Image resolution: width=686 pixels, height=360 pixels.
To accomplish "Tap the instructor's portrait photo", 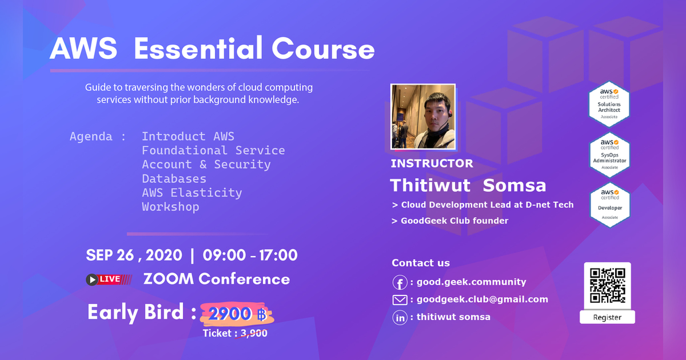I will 423,117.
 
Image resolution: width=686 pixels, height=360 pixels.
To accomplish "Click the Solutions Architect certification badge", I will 609,104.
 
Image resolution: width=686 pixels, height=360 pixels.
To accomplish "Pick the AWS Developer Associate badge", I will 609,203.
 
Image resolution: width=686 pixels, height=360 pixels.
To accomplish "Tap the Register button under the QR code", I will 607,317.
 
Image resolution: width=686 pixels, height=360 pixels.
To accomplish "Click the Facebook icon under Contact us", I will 400,282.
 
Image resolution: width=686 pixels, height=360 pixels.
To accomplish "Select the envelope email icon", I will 400,300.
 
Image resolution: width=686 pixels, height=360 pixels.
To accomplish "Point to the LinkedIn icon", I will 400,318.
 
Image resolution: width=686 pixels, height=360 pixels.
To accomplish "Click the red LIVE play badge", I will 109,279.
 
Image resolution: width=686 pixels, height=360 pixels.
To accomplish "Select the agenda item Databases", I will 174,179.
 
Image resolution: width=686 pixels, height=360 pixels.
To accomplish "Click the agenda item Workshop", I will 170,207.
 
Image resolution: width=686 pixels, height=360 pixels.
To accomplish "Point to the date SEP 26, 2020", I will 134,255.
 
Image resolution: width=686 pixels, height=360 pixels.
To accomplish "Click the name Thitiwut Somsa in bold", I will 468,185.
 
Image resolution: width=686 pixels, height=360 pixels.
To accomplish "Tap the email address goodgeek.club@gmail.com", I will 482,299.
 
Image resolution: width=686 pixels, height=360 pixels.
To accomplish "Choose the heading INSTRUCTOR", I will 432,163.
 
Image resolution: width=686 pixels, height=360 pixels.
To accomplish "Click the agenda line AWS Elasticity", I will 192,193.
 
